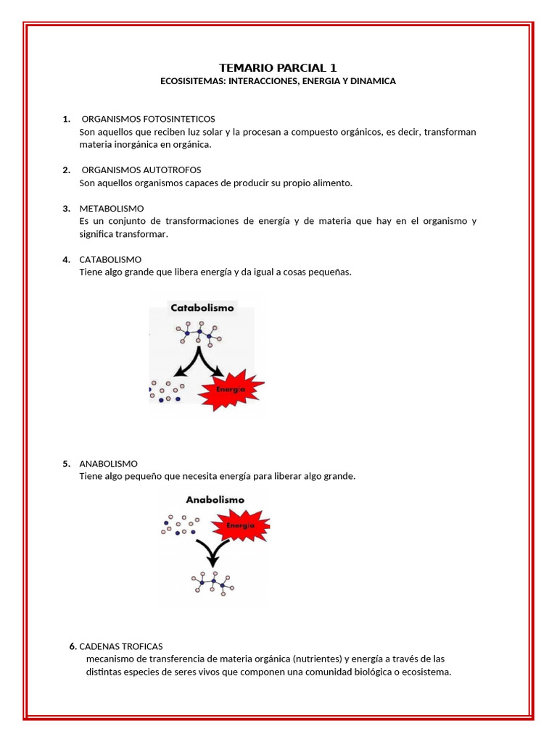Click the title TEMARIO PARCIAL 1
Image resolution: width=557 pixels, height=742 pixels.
(x=278, y=67)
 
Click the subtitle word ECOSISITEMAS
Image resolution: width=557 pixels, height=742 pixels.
(x=192, y=82)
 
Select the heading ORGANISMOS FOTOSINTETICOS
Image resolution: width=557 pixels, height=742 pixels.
(x=148, y=119)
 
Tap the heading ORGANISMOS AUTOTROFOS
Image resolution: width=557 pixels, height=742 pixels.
(x=141, y=170)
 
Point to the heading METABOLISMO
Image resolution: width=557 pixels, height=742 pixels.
(x=112, y=209)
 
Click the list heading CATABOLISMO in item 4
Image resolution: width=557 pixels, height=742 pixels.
(x=110, y=259)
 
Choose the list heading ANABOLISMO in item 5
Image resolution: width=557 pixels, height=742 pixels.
(x=109, y=464)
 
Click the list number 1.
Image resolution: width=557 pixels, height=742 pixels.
(x=66, y=119)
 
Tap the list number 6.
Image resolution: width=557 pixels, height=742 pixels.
(x=73, y=646)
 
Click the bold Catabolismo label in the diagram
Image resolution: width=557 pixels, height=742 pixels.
(x=202, y=307)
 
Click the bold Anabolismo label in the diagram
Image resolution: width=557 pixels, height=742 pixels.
(x=215, y=499)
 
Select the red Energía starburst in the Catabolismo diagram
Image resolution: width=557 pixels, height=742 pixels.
(x=231, y=389)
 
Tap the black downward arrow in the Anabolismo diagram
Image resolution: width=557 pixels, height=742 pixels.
(x=213, y=554)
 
